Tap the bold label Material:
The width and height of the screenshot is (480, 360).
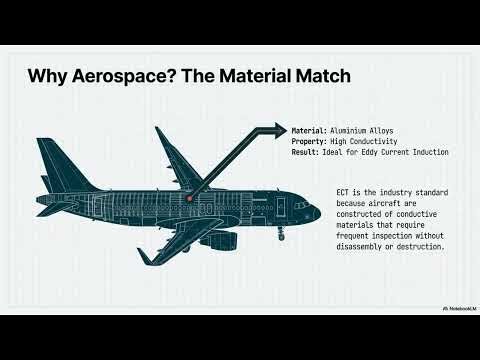pyautogui.click(x=308, y=131)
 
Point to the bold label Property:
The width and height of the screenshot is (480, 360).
pyautogui.click(x=308, y=141)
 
